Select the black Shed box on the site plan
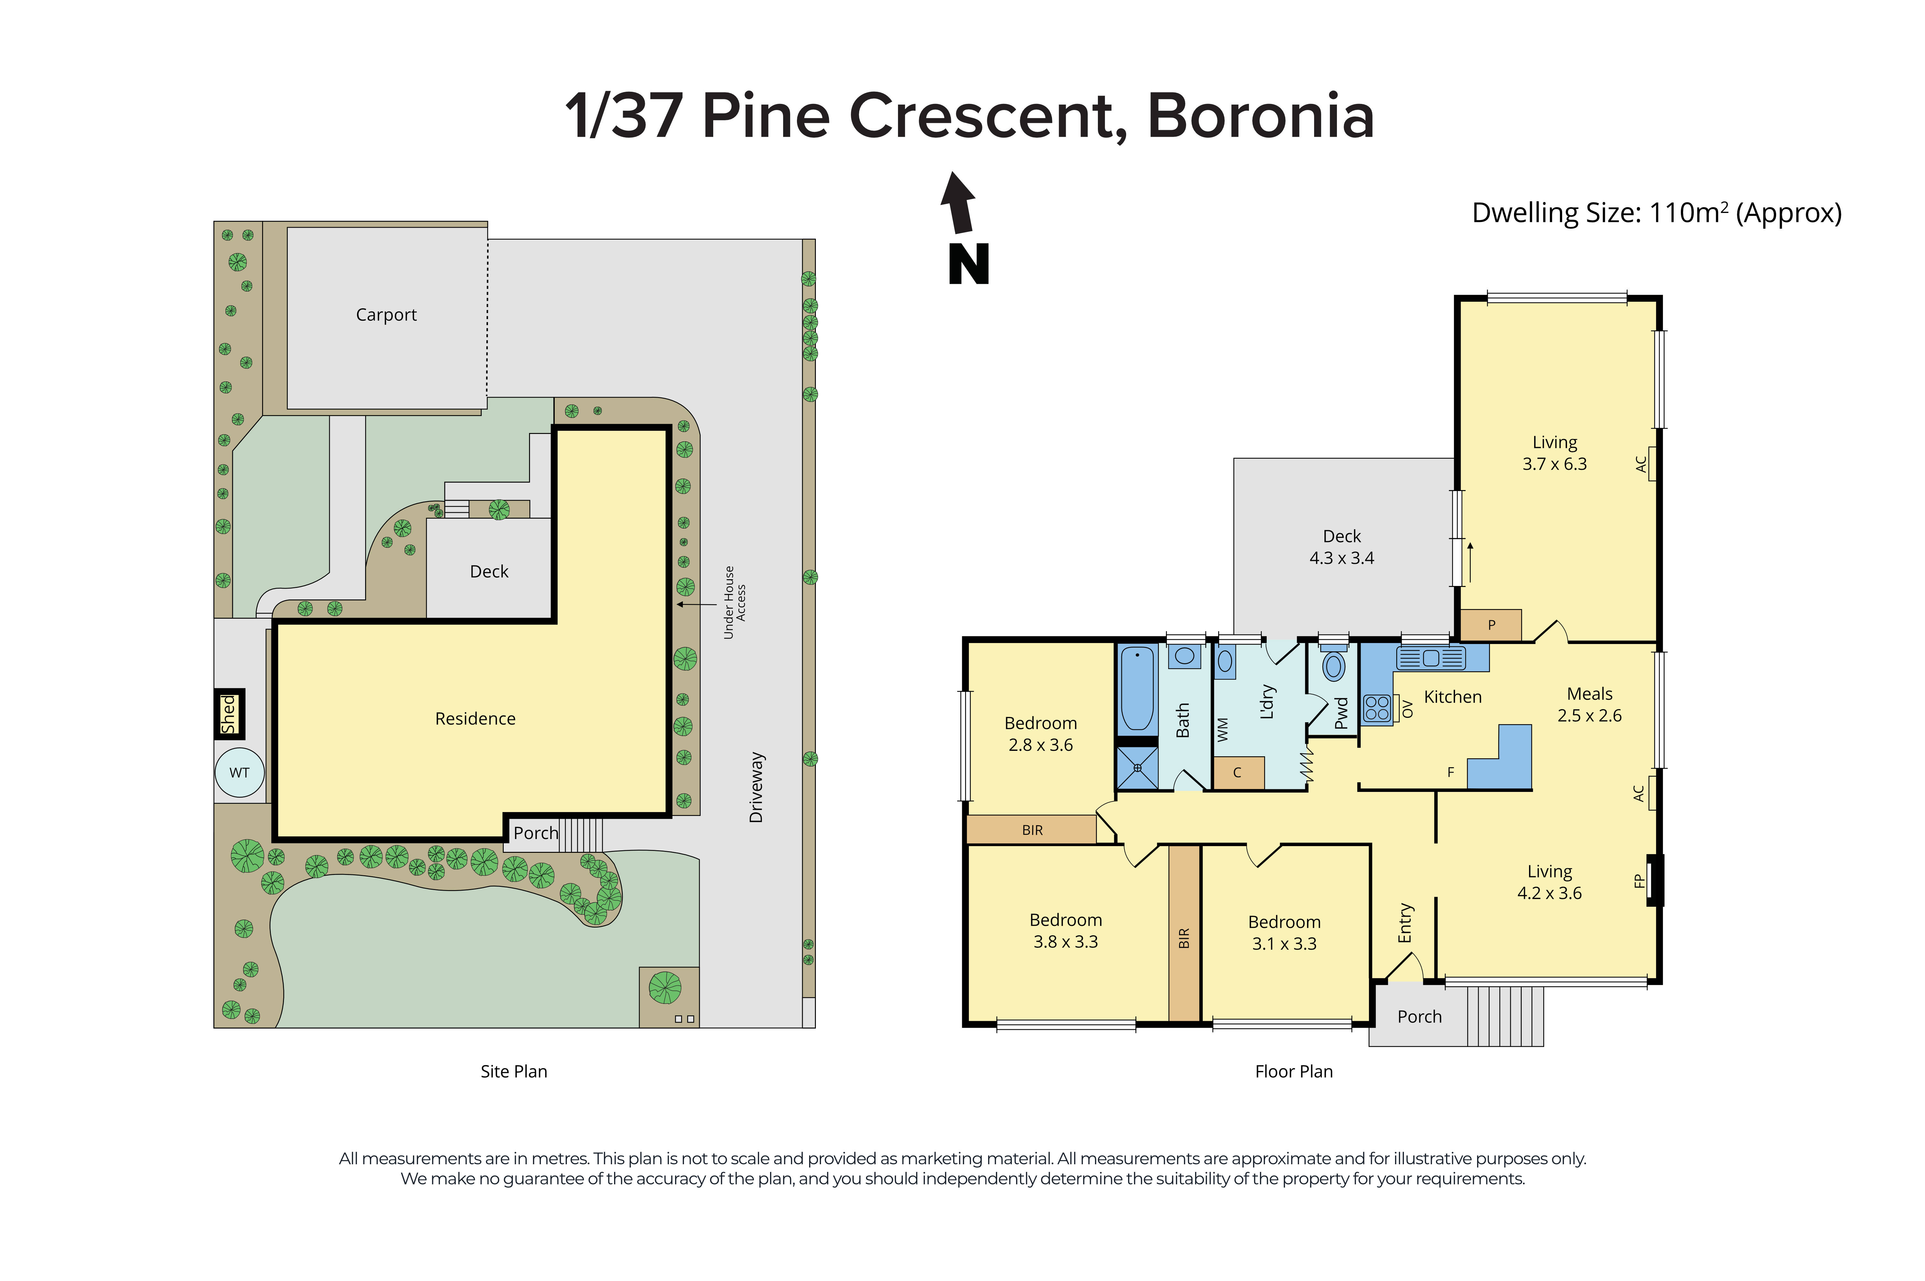click(229, 713)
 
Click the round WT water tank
click(239, 772)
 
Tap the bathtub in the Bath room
click(1136, 688)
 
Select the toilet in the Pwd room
click(1333, 666)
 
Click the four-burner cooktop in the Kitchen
click(1377, 708)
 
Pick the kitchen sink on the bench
click(1431, 657)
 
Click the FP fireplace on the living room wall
click(1655, 880)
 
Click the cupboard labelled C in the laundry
click(1238, 772)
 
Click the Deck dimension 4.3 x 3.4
click(1342, 558)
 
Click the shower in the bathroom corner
click(1136, 768)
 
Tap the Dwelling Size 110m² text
click(1656, 213)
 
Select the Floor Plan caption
click(1293, 1071)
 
